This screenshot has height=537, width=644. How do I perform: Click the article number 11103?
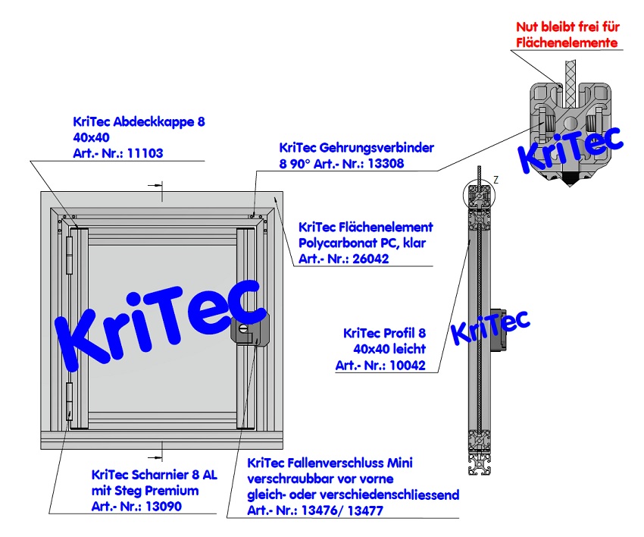click(x=146, y=152)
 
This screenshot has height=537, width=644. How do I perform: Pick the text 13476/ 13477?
click(x=345, y=511)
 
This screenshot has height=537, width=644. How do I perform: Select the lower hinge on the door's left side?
click(x=70, y=401)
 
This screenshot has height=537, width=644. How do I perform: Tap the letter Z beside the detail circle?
click(x=496, y=179)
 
